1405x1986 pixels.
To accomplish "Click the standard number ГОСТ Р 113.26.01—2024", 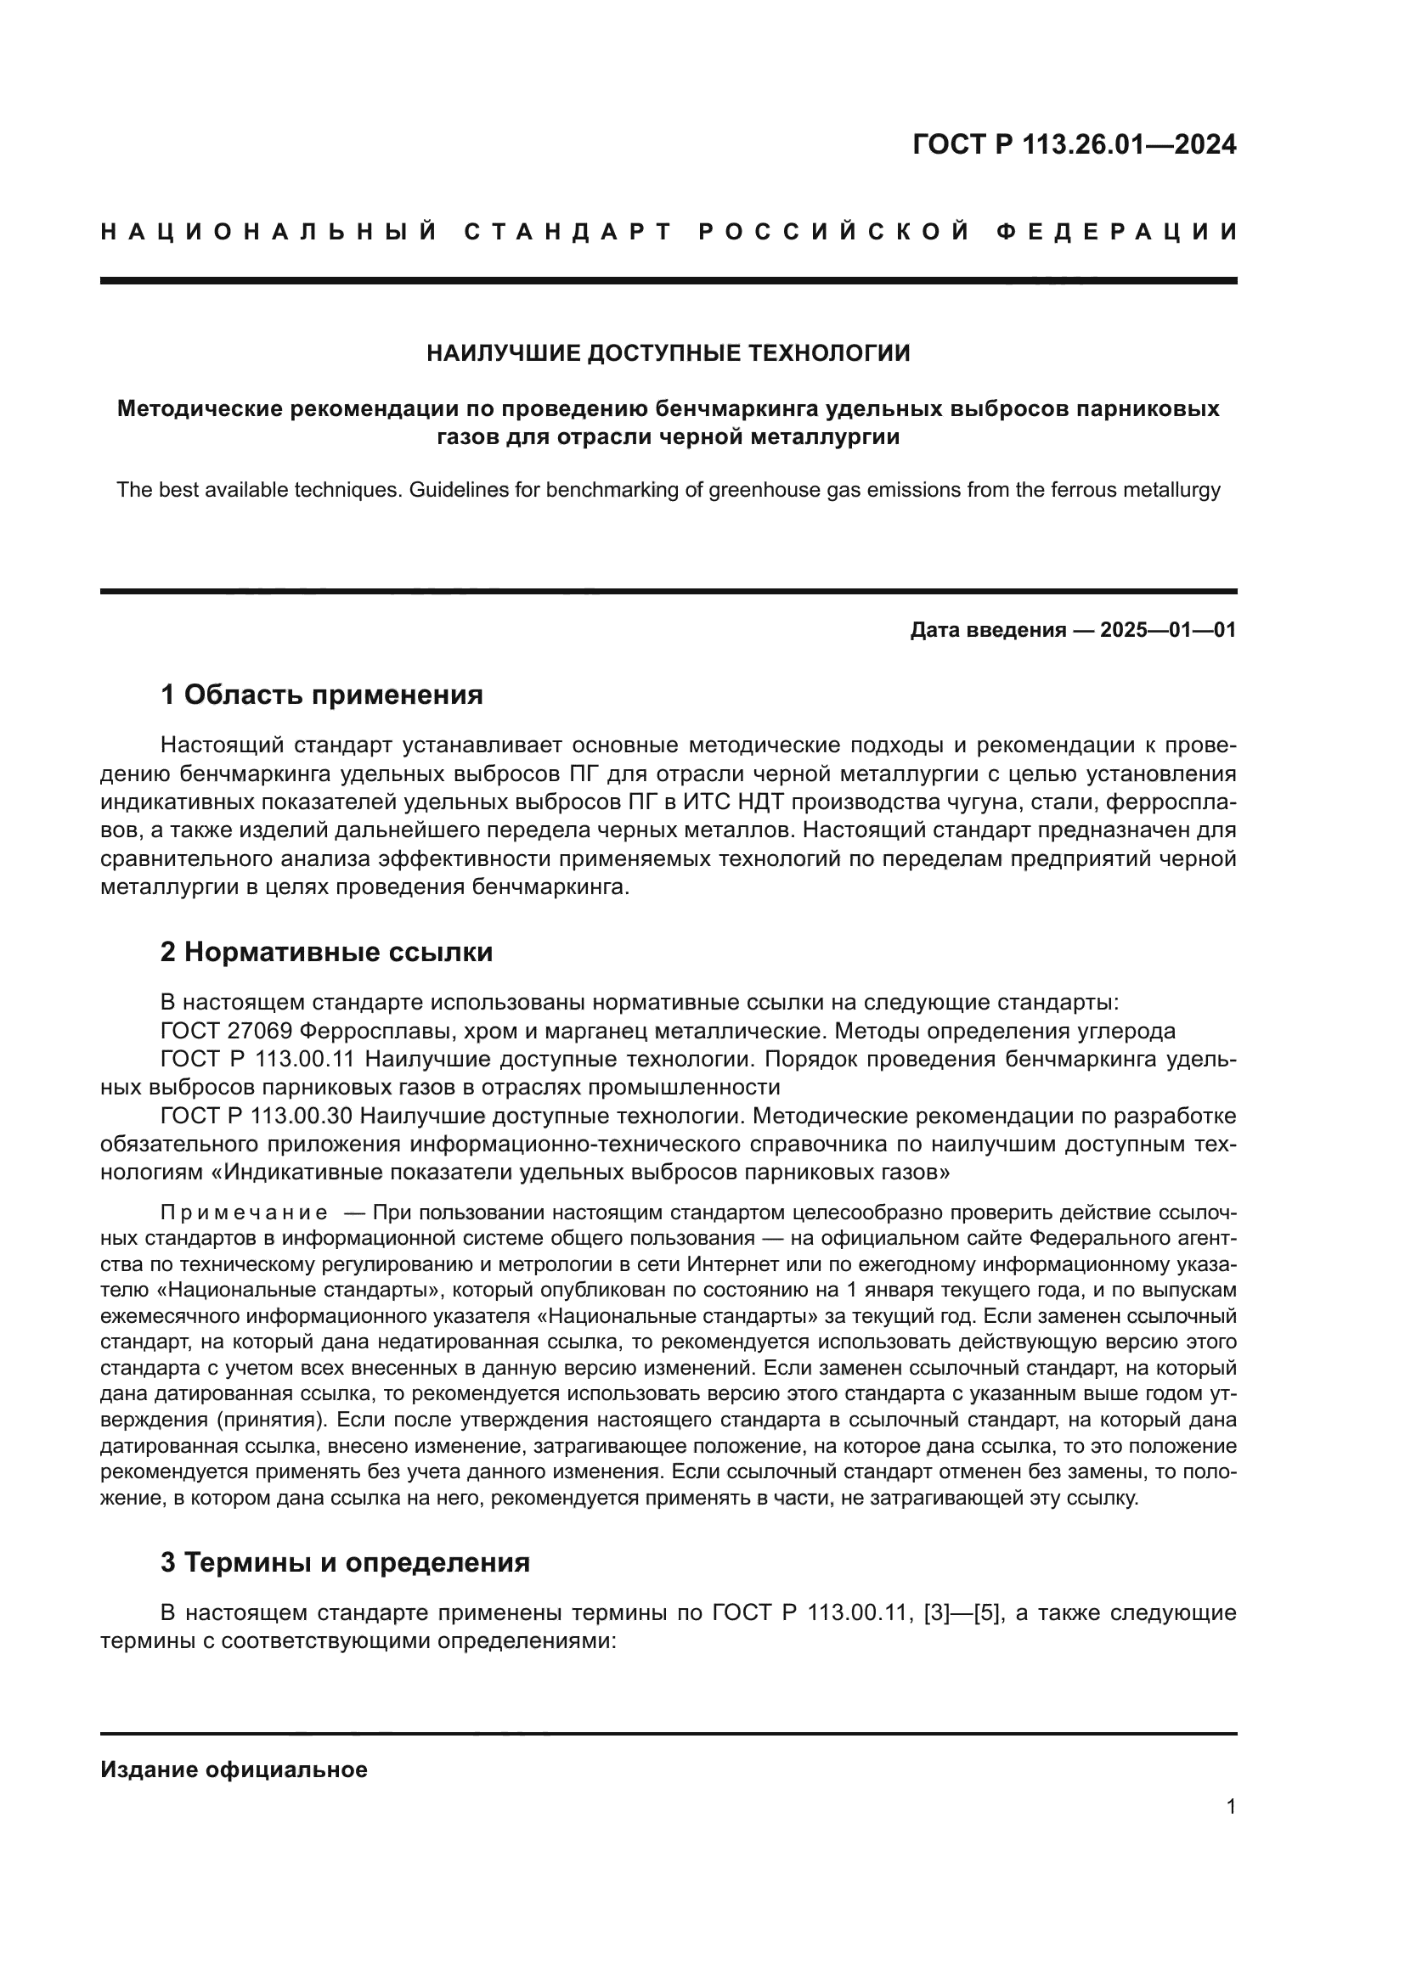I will click(1074, 144).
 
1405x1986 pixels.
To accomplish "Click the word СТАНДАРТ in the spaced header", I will click(568, 232).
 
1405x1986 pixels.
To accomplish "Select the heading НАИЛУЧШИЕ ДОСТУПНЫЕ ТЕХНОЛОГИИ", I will click(668, 353).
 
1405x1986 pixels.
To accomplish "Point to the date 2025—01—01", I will click(1167, 631).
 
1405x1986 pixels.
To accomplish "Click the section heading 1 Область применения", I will click(322, 695).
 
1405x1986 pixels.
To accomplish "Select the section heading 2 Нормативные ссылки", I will click(326, 953).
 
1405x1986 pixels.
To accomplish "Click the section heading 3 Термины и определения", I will click(344, 1562).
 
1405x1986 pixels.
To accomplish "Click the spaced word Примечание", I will click(244, 1212).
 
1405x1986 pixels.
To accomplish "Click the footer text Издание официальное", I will click(234, 1769).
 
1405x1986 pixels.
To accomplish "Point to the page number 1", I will click(1230, 1807).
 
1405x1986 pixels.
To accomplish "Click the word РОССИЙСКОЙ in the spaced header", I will click(833, 232).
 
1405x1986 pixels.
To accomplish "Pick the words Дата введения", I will click(987, 631).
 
